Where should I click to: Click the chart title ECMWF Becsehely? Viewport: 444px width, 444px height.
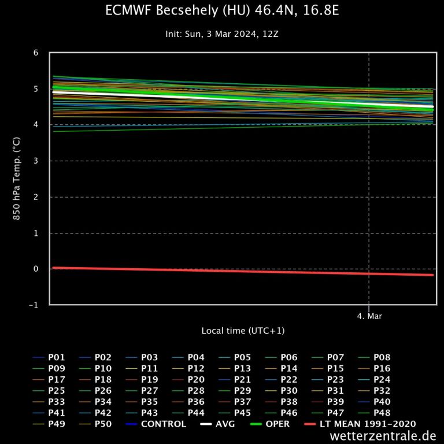pyautogui.click(x=222, y=11)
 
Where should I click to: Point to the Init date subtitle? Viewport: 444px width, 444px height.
pyautogui.click(x=222, y=34)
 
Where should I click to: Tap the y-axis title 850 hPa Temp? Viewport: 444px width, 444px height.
pyautogui.click(x=17, y=178)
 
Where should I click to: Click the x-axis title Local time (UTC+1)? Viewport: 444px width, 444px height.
pyautogui.click(x=243, y=331)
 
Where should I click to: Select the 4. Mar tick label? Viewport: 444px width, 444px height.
pyautogui.click(x=369, y=316)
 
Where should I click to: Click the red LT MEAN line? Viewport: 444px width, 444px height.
pyautogui.click(x=231, y=271)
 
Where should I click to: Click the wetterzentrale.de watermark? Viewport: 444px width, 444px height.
pyautogui.click(x=383, y=436)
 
